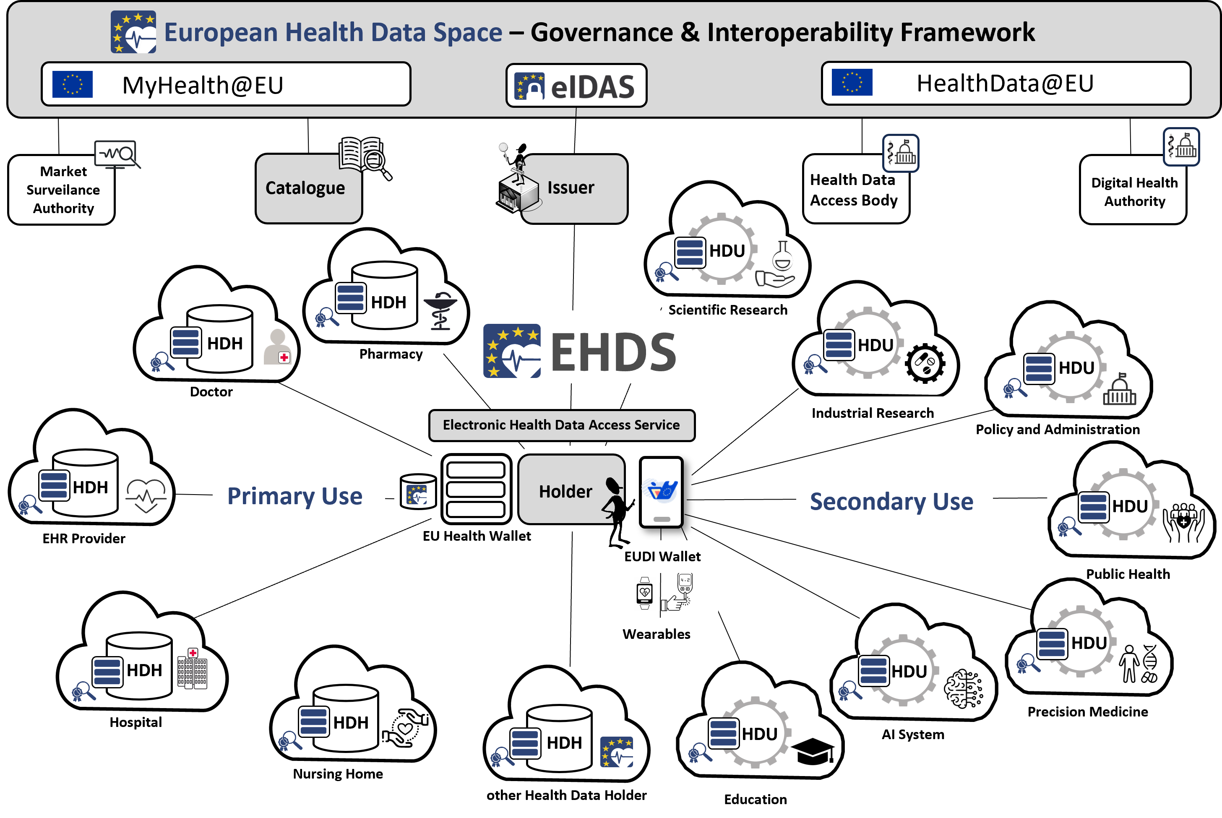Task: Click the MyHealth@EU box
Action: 225,84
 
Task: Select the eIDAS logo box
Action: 576,86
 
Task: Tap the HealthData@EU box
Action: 1005,83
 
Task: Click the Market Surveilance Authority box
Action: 62,190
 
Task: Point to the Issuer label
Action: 571,188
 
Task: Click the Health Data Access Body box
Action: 855,190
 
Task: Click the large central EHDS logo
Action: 576,348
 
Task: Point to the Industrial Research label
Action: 873,413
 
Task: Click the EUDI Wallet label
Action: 662,557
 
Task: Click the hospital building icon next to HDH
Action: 191,670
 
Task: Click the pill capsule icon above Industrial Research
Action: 925,363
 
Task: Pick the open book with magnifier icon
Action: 364,156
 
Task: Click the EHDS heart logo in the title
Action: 133,32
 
